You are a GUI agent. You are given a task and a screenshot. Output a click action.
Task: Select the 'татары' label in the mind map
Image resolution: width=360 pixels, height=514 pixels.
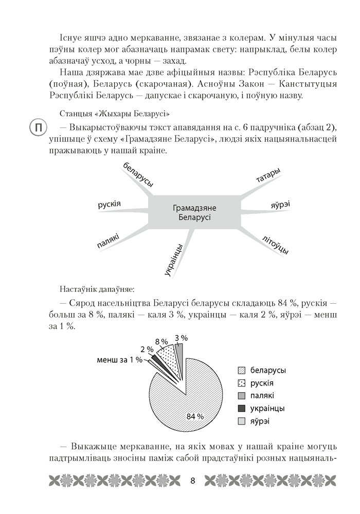pyautogui.click(x=268, y=175)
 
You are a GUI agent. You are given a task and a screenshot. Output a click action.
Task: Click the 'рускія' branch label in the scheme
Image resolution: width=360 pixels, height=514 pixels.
pyautogui.click(x=109, y=205)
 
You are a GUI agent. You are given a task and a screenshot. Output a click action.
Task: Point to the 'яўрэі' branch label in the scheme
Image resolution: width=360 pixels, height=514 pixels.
pyautogui.click(x=280, y=205)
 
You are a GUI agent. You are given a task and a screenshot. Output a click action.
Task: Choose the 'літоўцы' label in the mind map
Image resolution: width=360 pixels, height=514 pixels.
pyautogui.click(x=275, y=243)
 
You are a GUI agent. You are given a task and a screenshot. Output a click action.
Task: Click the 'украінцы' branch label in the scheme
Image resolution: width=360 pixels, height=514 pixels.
pyautogui.click(x=175, y=260)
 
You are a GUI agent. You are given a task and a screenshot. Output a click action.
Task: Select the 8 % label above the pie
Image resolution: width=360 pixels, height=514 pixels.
pyautogui.click(x=161, y=341)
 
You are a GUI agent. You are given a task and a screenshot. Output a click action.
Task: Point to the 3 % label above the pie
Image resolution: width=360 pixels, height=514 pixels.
pyautogui.click(x=181, y=338)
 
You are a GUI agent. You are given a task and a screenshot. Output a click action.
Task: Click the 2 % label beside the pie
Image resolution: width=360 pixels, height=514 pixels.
pyautogui.click(x=147, y=350)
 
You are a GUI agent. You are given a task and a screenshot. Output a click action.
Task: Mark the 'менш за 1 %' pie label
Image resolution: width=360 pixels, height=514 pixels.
pyautogui.click(x=119, y=359)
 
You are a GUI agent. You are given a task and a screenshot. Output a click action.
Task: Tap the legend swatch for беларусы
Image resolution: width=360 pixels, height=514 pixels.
pyautogui.click(x=241, y=370)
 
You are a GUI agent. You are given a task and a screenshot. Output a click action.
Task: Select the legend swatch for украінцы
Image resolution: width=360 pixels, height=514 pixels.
pyautogui.click(x=241, y=409)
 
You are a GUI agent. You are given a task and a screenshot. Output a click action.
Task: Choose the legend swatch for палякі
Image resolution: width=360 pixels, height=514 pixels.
pyautogui.click(x=241, y=396)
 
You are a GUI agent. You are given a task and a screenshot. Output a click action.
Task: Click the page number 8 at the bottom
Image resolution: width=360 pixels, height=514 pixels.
pyautogui.click(x=192, y=481)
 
